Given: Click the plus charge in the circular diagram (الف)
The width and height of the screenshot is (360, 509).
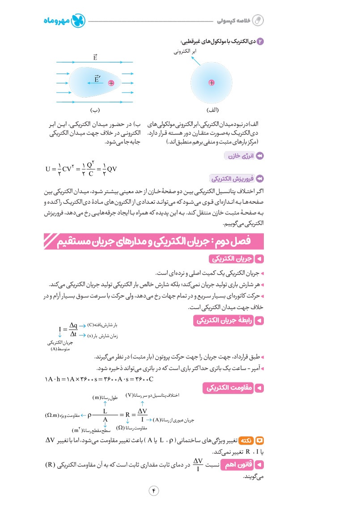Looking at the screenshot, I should tap(212, 82).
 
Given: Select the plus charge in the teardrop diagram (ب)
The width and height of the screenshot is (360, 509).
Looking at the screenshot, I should tap(111, 83).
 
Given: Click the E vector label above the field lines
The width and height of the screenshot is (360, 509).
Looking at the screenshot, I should tap(96, 57).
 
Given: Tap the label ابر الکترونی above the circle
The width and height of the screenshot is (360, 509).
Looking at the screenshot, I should tap(186, 52).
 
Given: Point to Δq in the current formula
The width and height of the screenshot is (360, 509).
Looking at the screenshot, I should tap(73, 326).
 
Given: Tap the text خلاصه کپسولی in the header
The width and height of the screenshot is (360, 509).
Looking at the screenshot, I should tap(233, 21).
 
